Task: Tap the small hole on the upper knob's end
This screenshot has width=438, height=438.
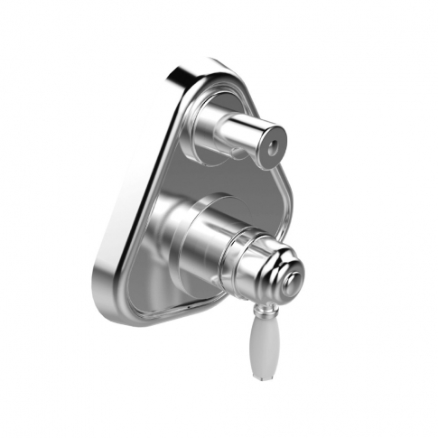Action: [x=268, y=144]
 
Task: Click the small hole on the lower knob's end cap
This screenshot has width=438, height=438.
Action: [x=290, y=286]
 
